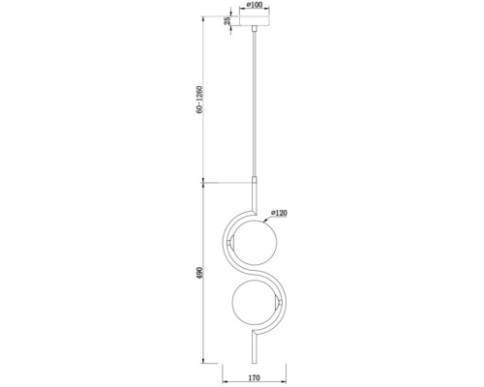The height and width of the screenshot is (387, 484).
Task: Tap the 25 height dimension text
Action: pos(227,21)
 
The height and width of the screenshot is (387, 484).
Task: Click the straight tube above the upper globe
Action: pos(256,192)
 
